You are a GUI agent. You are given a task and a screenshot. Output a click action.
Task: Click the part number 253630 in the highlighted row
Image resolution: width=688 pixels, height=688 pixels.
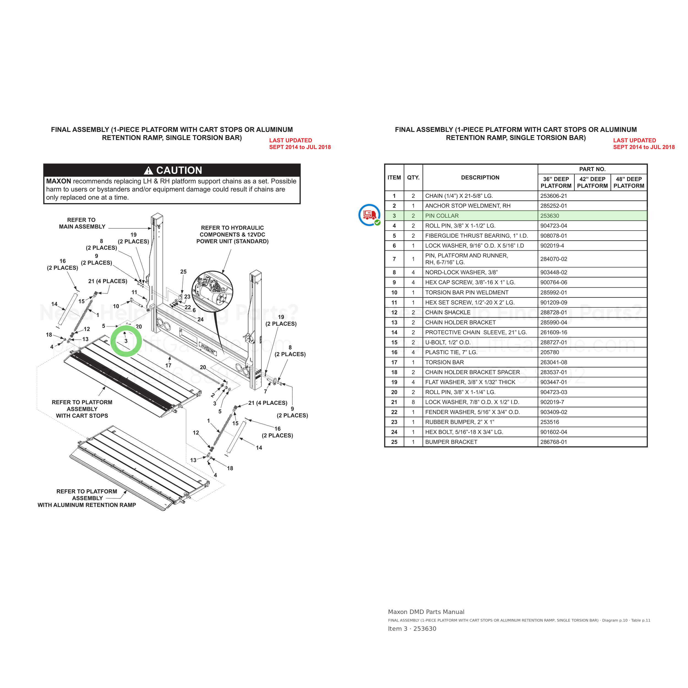click(550, 216)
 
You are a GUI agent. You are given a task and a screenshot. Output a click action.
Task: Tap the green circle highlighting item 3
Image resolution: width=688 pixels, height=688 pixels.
click(126, 341)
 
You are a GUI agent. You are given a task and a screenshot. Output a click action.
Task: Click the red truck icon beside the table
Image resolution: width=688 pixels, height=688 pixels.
click(369, 215)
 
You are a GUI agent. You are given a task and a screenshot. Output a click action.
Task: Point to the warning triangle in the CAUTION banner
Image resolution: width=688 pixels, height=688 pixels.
click(148, 170)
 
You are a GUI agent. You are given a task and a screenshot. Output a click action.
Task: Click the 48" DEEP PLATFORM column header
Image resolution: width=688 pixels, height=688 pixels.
click(629, 182)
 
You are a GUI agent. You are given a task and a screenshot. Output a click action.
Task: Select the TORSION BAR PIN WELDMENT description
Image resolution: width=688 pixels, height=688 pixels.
click(466, 292)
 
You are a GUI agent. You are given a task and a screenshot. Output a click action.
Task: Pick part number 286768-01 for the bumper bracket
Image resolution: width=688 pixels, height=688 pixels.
click(553, 442)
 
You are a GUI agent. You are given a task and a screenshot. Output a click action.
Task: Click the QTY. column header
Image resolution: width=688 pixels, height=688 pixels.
click(413, 177)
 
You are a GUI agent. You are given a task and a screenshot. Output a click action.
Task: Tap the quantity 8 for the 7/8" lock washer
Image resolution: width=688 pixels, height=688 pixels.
click(413, 402)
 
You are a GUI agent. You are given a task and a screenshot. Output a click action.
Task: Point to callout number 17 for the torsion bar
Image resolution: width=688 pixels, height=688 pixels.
click(168, 365)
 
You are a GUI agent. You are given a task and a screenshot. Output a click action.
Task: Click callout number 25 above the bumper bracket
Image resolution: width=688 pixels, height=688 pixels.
click(183, 272)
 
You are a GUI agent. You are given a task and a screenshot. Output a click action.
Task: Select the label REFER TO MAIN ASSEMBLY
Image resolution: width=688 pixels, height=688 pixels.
click(82, 223)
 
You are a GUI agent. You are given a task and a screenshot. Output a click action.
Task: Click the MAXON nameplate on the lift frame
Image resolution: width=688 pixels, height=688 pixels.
click(207, 348)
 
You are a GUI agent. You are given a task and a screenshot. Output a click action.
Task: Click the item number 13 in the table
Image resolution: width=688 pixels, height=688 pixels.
click(394, 322)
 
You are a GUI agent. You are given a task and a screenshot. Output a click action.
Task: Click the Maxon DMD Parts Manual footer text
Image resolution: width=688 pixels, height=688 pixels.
click(426, 612)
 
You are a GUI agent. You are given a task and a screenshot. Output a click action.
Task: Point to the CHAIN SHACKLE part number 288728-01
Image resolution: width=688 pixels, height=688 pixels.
click(553, 312)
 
